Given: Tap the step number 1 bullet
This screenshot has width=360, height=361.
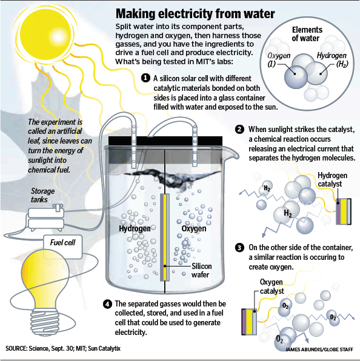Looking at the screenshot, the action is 145,78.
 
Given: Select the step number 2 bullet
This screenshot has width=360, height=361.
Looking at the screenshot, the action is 239,129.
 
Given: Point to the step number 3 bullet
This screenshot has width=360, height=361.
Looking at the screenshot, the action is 239,248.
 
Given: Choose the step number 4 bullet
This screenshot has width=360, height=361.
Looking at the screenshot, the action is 107,304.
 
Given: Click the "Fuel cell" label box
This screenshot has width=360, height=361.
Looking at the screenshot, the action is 63,247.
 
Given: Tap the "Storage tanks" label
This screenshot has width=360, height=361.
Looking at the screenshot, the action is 42,195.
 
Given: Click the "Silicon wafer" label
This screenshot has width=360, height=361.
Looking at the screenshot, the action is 202,271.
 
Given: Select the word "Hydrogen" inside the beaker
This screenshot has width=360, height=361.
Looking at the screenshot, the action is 135,228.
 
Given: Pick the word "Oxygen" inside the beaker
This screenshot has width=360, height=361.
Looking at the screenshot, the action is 194,228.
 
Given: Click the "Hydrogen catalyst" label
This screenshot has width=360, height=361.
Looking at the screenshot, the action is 332,179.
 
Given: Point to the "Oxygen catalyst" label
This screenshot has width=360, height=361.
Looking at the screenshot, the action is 272,286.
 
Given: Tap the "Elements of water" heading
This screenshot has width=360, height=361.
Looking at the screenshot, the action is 307,34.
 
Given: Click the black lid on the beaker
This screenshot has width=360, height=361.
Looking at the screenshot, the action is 165,141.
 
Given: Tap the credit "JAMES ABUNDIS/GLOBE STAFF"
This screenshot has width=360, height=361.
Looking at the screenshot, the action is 319,349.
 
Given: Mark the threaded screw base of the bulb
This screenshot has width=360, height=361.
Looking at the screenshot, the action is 45,320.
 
